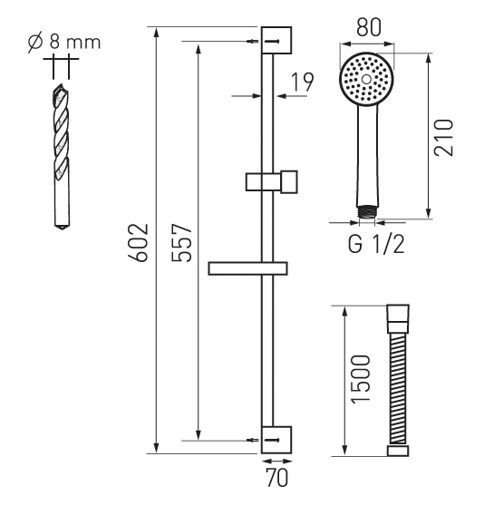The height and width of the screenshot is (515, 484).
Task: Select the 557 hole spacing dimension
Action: (x=181, y=243)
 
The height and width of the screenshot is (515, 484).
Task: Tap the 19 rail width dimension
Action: (x=303, y=82)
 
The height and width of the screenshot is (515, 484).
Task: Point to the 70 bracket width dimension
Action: (x=276, y=477)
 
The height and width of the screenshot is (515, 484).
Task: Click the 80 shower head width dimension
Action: (x=369, y=27)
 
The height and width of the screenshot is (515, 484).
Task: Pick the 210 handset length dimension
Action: (x=443, y=137)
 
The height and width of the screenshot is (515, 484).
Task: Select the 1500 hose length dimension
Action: (x=360, y=379)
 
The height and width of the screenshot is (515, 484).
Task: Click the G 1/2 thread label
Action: (x=376, y=245)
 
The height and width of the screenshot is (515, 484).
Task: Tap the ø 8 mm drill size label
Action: (x=64, y=43)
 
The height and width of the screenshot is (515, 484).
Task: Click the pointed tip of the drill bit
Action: (x=62, y=228)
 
